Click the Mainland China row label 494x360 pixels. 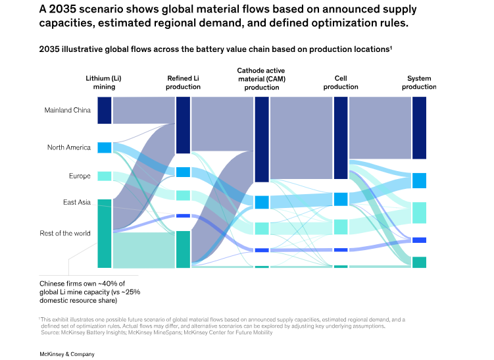pos(67,110)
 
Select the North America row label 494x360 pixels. pos(68,147)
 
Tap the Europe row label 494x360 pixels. pos(80,176)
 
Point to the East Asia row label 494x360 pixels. pos(76,202)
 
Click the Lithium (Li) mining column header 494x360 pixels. pos(103,82)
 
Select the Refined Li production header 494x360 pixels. pos(183,82)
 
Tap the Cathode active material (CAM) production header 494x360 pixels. pos(261,78)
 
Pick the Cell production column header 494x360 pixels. pos(341,82)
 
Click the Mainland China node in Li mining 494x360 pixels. pos(104,110)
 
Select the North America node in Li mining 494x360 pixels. pos(104,147)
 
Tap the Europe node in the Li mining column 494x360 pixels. pos(104,176)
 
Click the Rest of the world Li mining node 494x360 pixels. pos(104,234)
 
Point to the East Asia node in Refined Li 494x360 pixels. pos(183,216)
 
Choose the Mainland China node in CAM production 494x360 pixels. pos(261,139)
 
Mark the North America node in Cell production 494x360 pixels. pos(341,199)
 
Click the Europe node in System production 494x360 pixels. pos(419,213)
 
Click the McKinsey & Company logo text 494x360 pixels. pos(67,354)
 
